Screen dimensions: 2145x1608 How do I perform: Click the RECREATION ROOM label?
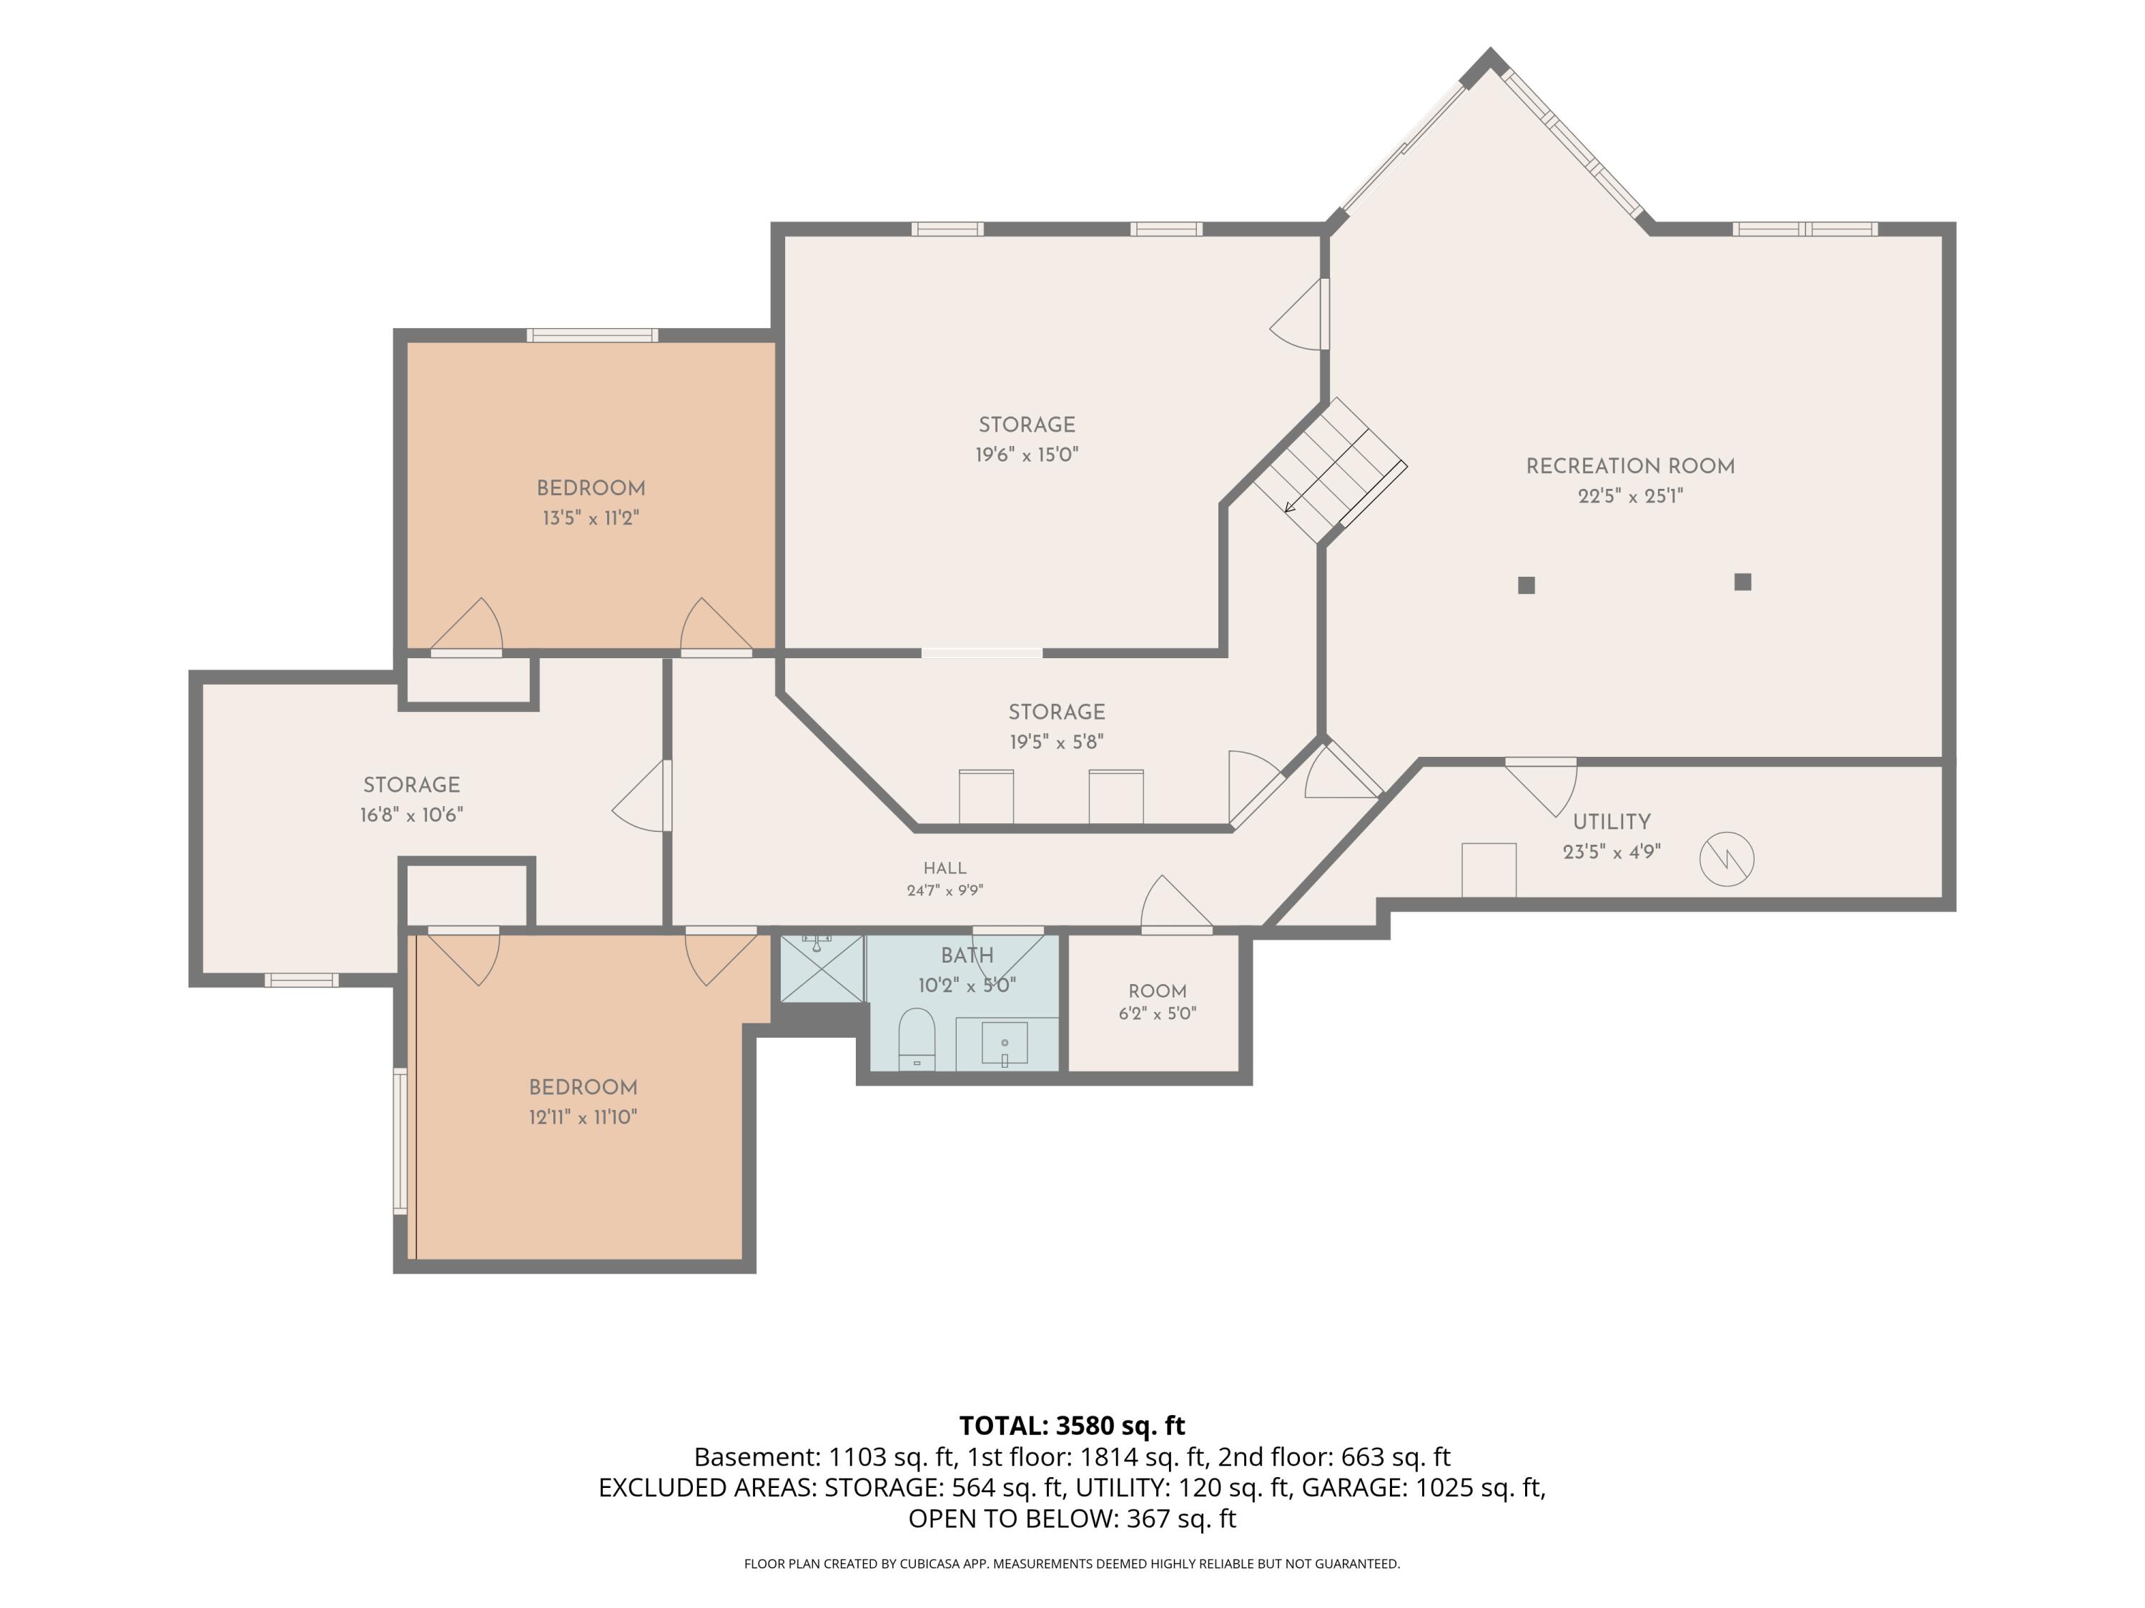pyautogui.click(x=1630, y=466)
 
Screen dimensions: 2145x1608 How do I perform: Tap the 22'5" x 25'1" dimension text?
pyautogui.click(x=1630, y=496)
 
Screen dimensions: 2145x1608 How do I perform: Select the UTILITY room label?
pyautogui.click(x=1612, y=822)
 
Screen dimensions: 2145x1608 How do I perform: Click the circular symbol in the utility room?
pyautogui.click(x=1727, y=859)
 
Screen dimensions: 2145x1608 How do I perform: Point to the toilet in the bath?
pyautogui.click(x=917, y=1039)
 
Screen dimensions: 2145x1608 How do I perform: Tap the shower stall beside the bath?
pyautogui.click(x=822, y=968)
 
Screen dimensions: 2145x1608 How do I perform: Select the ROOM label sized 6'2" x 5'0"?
pyautogui.click(x=1158, y=991)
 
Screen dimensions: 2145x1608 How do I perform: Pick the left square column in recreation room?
pyautogui.click(x=1527, y=585)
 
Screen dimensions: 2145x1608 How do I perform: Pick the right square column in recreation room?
pyautogui.click(x=1742, y=582)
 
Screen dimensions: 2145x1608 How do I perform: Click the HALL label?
pyautogui.click(x=945, y=868)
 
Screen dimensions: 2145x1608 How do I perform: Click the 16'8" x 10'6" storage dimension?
pyautogui.click(x=411, y=815)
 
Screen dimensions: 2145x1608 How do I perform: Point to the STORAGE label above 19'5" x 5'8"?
pyautogui.click(x=1057, y=713)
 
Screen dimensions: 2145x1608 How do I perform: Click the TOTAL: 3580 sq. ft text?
pyautogui.click(x=1072, y=1426)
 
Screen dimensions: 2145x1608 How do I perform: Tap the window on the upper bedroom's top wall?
pyautogui.click(x=593, y=335)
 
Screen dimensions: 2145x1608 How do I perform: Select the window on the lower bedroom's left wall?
pyautogui.click(x=400, y=1141)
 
